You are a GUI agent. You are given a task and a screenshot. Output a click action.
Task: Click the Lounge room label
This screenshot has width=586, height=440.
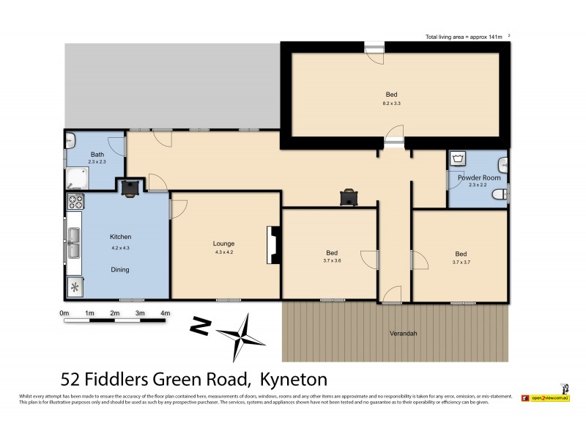tap(224, 243)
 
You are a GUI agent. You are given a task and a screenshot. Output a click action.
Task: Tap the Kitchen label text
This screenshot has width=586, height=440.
tap(120, 237)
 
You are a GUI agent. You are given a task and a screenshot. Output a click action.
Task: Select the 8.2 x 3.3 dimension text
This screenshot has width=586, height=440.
tap(392, 103)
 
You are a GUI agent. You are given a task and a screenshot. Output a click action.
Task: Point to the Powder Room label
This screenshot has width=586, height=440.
tap(479, 177)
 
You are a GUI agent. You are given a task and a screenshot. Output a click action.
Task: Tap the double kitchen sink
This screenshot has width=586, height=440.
tap(75, 244)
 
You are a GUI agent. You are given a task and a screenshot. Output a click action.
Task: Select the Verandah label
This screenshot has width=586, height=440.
tap(403, 333)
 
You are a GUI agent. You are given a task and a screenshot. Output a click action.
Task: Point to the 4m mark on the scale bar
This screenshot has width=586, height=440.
tap(166, 313)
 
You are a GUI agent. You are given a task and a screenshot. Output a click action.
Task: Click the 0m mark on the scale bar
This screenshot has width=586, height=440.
tap(64, 313)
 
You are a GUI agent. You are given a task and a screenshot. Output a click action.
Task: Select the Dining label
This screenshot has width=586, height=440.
tap(120, 269)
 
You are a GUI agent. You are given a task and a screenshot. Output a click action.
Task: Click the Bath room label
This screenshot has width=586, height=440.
tap(97, 155)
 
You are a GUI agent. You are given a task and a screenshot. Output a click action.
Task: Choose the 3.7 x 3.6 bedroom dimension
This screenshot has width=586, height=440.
tap(333, 260)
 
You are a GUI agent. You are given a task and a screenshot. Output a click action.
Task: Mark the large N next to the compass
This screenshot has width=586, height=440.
tap(198, 324)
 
